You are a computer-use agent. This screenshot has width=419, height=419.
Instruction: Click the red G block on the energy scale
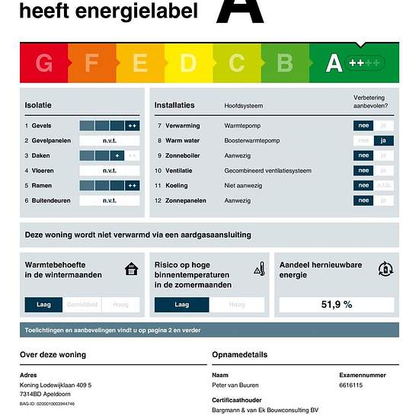tap(44, 63)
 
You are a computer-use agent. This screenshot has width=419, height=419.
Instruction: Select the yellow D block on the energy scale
tap(187, 63)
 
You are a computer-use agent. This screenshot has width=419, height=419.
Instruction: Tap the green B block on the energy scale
tap(285, 63)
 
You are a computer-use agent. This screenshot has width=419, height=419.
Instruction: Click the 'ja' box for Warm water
tap(384, 140)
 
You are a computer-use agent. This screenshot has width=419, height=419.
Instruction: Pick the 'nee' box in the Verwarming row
tap(363, 126)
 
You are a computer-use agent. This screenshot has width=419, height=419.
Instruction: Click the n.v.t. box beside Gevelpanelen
tap(110, 140)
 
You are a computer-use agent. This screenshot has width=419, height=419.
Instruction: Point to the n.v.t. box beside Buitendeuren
tap(110, 200)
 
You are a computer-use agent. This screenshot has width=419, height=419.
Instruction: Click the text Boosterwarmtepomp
tap(252, 140)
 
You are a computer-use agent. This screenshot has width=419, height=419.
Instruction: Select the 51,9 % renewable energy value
tap(336, 304)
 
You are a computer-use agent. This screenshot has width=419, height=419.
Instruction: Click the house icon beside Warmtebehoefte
tap(132, 269)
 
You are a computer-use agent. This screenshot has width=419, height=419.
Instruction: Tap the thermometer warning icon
tap(259, 269)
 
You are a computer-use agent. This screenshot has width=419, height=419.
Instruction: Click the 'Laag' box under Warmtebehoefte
tap(44, 304)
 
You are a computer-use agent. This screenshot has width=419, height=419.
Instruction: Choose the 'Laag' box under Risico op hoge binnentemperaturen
tap(181, 304)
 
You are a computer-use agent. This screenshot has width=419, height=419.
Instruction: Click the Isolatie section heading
tap(38, 105)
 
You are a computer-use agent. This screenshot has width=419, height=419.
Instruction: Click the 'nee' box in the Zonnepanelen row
tap(363, 200)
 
